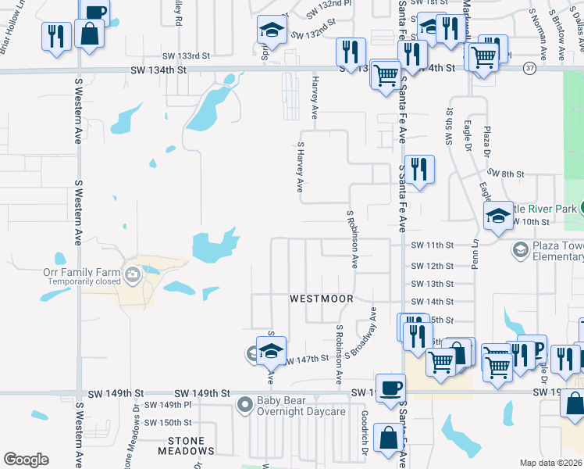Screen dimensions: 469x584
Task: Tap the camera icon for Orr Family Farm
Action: pos(132,274)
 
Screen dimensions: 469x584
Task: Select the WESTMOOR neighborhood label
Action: pos(322,299)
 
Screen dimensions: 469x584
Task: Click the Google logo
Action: pos(26,460)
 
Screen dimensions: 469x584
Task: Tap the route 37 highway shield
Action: pos(530,68)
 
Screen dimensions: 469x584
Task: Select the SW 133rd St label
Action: pos(187,55)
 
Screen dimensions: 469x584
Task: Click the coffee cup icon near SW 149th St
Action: pos(390,387)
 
